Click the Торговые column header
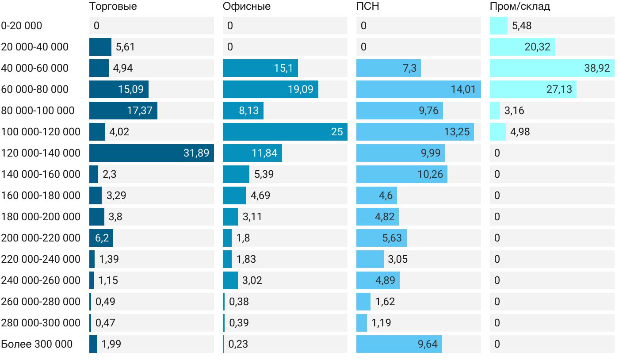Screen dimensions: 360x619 (x=113, y=7)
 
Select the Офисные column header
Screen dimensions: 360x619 (x=246, y=7)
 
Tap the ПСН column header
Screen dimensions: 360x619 (x=367, y=7)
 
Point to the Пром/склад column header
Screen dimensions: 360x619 (x=520, y=7)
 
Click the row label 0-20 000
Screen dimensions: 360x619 (x=22, y=26)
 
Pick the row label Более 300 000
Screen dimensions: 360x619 (x=37, y=344)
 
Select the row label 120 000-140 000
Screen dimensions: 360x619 (x=41, y=153)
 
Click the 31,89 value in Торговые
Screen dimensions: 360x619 (x=196, y=153)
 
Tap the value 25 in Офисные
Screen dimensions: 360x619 (x=337, y=132)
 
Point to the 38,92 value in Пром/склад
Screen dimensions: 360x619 (x=597, y=68)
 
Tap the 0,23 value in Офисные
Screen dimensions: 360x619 (x=238, y=344)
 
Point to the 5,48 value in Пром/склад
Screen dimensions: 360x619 (x=522, y=26)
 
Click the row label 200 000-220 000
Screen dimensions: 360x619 (x=41, y=238)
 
